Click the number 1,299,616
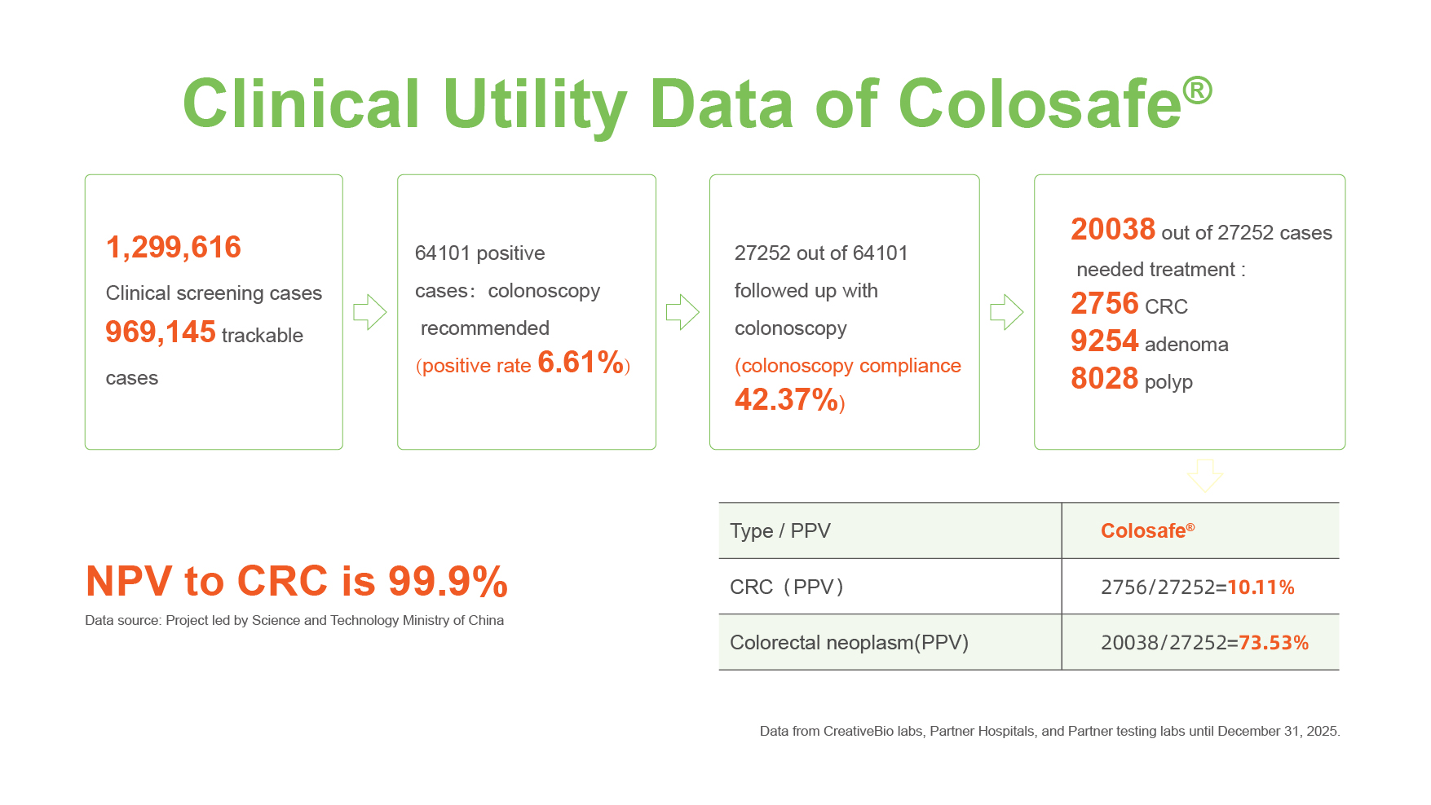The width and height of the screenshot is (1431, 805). tap(173, 247)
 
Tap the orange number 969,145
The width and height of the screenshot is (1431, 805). tap(161, 332)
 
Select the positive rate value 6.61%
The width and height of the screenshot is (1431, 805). tap(581, 363)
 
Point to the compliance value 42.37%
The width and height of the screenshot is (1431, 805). tap(786, 400)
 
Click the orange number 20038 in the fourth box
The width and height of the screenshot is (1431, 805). tap(1112, 230)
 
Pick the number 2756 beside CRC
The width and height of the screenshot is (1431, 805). tap(1104, 304)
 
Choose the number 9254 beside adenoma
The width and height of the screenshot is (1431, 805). tap(1104, 341)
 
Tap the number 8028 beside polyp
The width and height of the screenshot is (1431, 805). tap(1104, 379)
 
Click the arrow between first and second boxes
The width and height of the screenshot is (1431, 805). tap(369, 312)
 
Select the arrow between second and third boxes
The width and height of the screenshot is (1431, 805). tap(682, 312)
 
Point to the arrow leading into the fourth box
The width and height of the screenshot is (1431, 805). tap(1006, 312)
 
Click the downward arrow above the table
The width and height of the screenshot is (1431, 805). tap(1204, 475)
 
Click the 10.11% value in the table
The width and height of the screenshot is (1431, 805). tap(1261, 587)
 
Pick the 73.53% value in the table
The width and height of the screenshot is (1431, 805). tap(1273, 643)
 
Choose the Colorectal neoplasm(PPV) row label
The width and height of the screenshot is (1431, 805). tap(849, 643)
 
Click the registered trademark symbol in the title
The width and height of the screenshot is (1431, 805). tap(1197, 90)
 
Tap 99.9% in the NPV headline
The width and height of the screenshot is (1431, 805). tap(448, 582)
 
